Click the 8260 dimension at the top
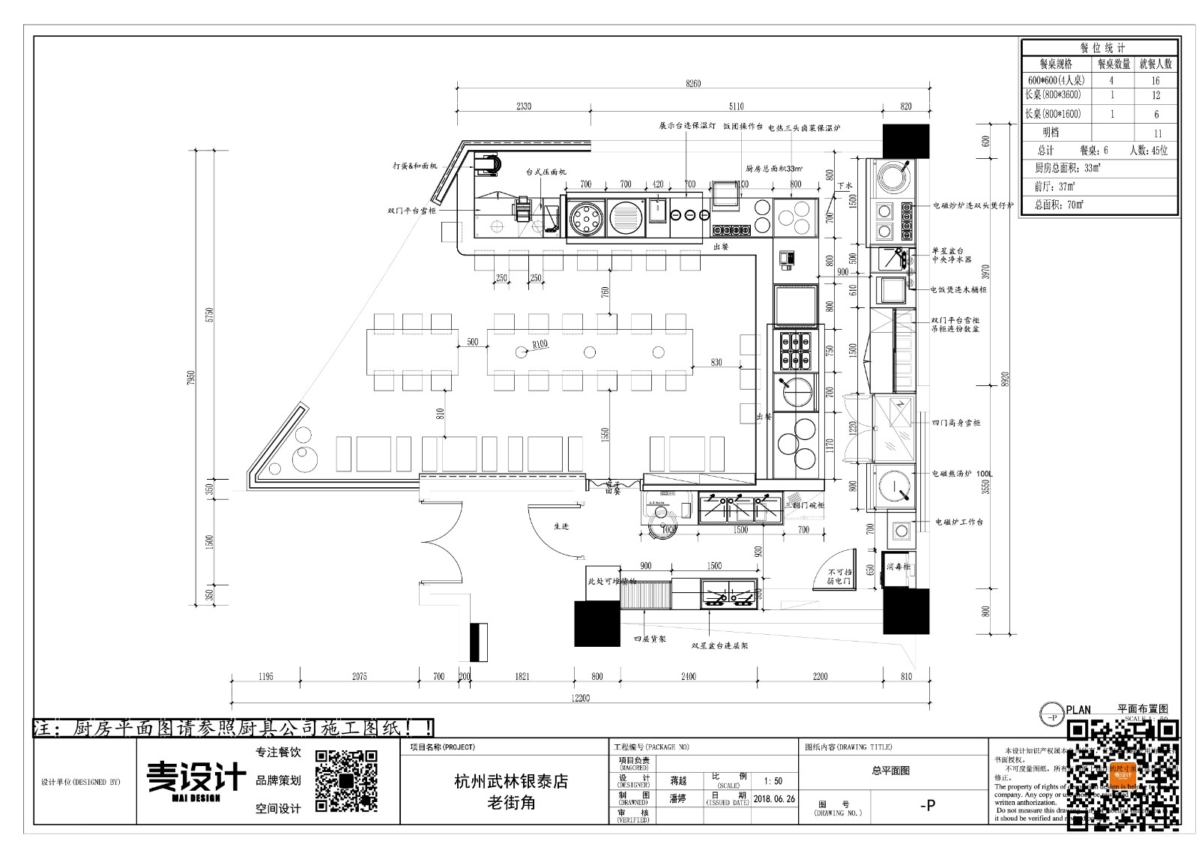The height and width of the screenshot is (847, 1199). [692, 83]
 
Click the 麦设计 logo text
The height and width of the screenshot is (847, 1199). [196, 777]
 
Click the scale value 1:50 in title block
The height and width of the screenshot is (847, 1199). [773, 781]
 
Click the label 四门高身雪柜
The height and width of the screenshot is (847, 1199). [955, 423]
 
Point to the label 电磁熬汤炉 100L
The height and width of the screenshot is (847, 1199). [962, 474]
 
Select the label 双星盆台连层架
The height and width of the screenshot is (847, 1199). [719, 644]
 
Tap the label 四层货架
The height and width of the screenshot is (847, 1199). [650, 639]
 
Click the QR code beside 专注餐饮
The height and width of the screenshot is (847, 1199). [345, 780]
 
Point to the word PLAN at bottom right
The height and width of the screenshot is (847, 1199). [1078, 710]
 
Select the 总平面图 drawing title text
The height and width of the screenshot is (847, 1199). [890, 770]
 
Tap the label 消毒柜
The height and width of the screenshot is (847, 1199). [898, 567]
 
